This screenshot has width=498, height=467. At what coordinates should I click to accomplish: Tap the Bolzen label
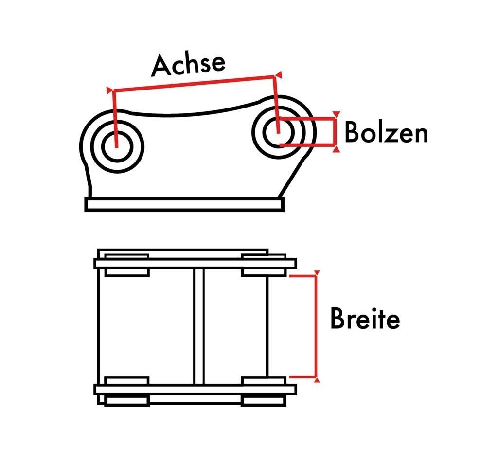pyautogui.click(x=386, y=132)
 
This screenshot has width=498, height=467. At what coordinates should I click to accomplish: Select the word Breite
pyautogui.click(x=365, y=318)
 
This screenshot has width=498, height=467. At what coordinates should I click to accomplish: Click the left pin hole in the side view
pyautogui.click(x=117, y=146)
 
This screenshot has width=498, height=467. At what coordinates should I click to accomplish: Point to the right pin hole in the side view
pyautogui.click(x=279, y=132)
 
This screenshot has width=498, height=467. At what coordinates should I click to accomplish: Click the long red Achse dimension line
pyautogui.click(x=194, y=84)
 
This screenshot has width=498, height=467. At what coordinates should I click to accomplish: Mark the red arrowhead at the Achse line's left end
pyautogui.click(x=109, y=90)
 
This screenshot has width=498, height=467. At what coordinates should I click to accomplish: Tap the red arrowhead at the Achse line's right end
pyautogui.click(x=279, y=75)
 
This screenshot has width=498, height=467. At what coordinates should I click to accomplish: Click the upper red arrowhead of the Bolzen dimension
pyautogui.click(x=337, y=114)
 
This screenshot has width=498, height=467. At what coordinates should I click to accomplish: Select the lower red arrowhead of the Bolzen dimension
pyautogui.click(x=337, y=149)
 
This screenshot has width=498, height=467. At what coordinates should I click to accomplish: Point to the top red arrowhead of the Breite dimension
pyautogui.click(x=317, y=273)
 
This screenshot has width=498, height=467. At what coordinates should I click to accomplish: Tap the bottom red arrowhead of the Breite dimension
pyautogui.click(x=317, y=380)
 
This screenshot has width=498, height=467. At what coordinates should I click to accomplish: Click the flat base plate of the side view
pyautogui.click(x=184, y=204)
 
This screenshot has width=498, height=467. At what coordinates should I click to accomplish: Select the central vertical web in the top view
pyautogui.click(x=199, y=326)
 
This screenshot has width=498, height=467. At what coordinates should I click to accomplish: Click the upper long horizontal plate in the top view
pyautogui.click(x=196, y=263)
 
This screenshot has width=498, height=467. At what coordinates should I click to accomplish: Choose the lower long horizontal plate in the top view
pyautogui.click(x=196, y=390)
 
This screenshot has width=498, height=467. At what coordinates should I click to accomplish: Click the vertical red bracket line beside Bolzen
pyautogui.click(x=335, y=131)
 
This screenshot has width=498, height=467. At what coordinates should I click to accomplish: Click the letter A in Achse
pyautogui.click(x=161, y=66)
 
